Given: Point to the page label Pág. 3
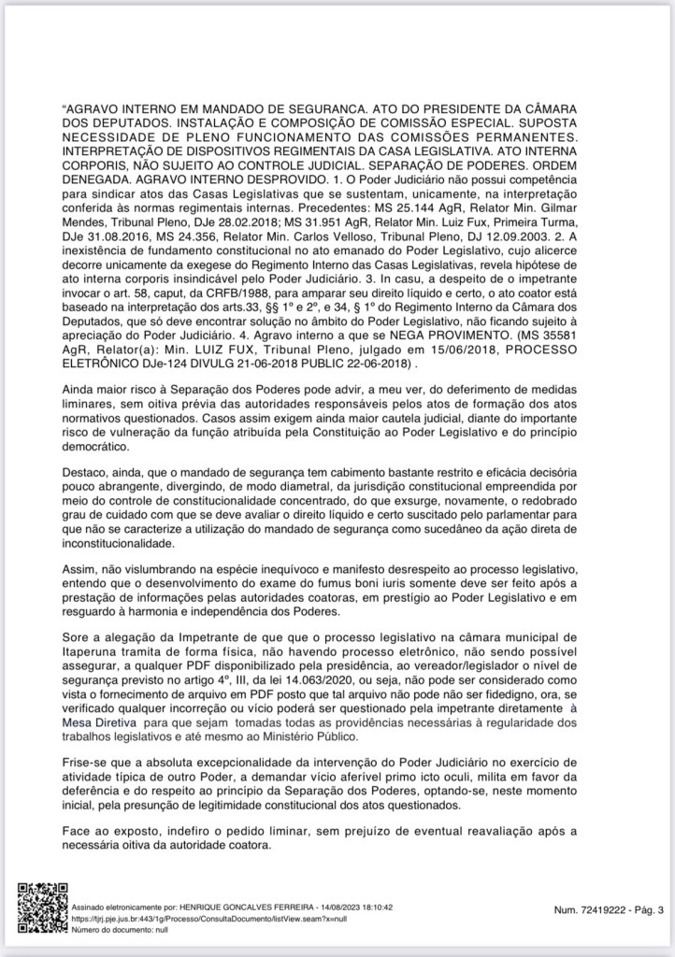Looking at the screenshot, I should click(x=645, y=908).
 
